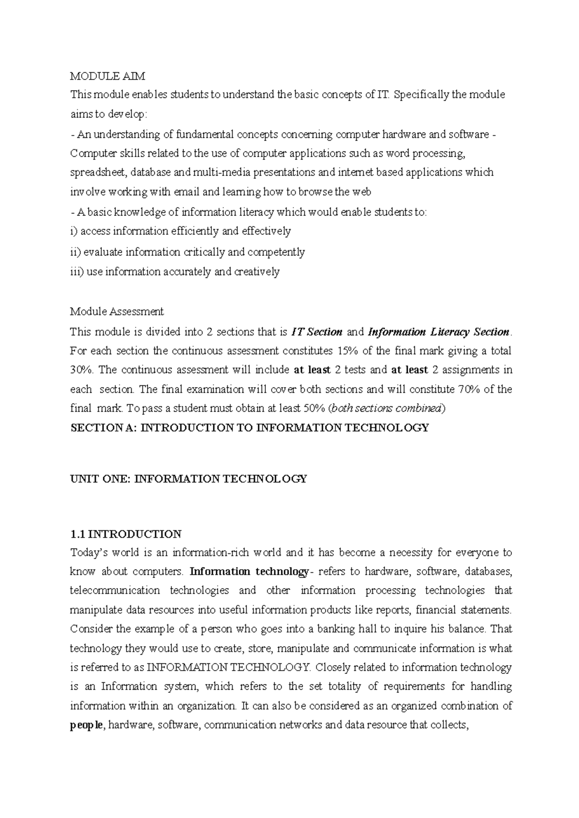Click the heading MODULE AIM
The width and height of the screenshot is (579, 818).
coord(108,76)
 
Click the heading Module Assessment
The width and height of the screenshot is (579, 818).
coord(117,311)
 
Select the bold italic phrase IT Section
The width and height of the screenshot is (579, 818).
coord(317,332)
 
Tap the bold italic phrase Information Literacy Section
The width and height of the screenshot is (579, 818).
coord(438,332)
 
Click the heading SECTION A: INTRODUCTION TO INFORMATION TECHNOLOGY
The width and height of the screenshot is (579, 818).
coord(249,428)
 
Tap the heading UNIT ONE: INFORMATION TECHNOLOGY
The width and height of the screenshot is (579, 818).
coord(189,479)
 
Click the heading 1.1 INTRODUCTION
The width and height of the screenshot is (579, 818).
coord(126,534)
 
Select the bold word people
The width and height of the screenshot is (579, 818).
coord(86,725)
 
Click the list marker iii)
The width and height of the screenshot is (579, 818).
coord(77,272)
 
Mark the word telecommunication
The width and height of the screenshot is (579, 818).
coord(115,590)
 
